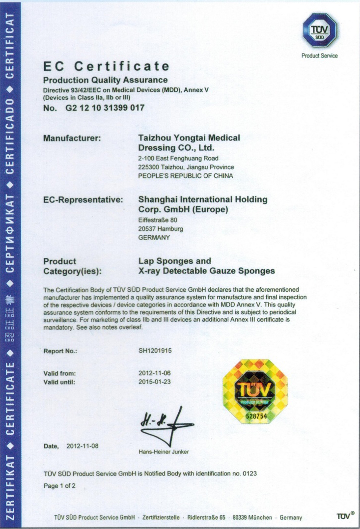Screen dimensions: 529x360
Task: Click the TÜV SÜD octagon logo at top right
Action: [320, 30]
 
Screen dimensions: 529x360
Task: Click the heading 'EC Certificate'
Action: [107, 66]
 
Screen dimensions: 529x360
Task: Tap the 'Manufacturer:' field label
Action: [72, 139]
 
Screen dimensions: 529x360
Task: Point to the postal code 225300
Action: [150, 167]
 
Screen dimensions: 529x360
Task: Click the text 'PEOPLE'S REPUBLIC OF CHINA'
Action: [186, 176]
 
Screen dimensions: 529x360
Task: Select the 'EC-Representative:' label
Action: [83, 199]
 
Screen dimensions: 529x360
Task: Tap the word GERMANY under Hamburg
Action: [154, 238]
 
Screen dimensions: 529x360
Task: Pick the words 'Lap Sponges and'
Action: [175, 261]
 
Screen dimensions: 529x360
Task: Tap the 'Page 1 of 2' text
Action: [60, 486]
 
